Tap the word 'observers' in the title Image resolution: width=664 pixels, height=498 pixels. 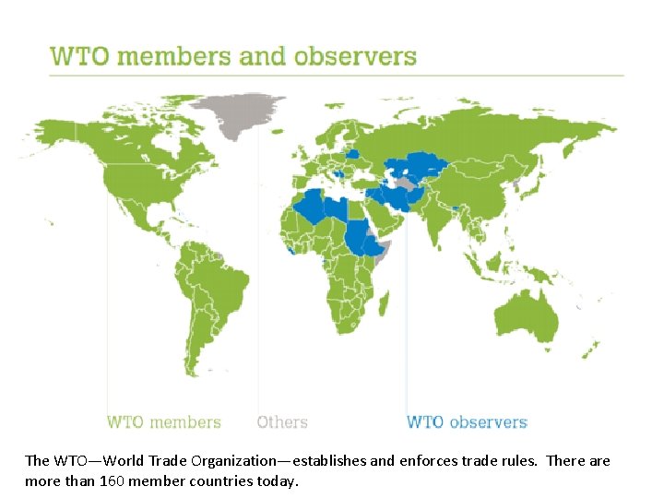pyautogui.click(x=355, y=55)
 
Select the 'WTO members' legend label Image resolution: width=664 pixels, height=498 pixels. pyautogui.click(x=164, y=422)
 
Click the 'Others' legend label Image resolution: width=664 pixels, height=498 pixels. pyautogui.click(x=282, y=422)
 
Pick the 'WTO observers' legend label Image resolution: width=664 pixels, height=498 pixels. pyautogui.click(x=467, y=422)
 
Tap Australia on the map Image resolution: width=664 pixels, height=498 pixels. pyautogui.click(x=527, y=314)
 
